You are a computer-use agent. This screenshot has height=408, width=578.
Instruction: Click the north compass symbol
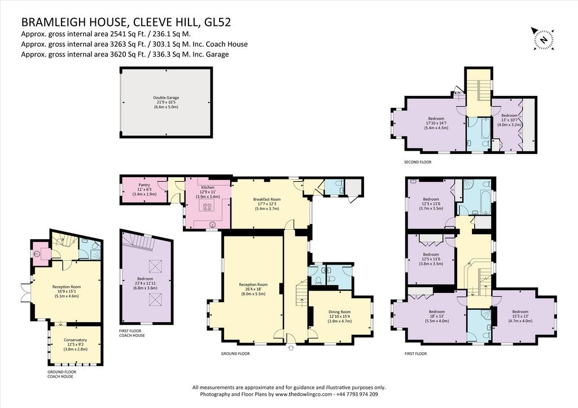point(542,38)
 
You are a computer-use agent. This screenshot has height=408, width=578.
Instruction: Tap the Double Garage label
point(166,103)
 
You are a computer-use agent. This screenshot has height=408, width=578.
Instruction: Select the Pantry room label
point(144,190)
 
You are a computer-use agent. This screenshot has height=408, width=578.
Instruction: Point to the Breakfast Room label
point(267,204)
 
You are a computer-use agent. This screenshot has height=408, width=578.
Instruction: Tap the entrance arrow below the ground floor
point(291,348)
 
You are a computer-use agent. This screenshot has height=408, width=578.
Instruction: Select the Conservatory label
point(75,345)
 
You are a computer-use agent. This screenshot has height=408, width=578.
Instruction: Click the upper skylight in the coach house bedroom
point(155,266)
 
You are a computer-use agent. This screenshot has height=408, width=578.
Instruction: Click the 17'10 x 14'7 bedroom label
point(436,123)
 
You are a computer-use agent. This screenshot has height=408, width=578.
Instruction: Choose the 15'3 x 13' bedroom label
point(520,316)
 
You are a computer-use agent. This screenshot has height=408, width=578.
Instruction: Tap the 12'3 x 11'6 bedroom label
point(431,204)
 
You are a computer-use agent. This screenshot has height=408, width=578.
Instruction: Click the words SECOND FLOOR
point(418,162)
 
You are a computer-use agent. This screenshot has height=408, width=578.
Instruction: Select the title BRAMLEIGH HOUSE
point(73,23)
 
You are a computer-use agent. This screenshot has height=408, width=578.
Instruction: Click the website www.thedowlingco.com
point(304,394)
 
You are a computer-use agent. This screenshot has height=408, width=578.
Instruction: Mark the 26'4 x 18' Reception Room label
point(253,289)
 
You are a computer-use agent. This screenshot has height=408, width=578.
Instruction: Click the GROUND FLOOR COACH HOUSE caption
point(62,375)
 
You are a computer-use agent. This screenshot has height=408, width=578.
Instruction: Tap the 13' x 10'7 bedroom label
point(510,120)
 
